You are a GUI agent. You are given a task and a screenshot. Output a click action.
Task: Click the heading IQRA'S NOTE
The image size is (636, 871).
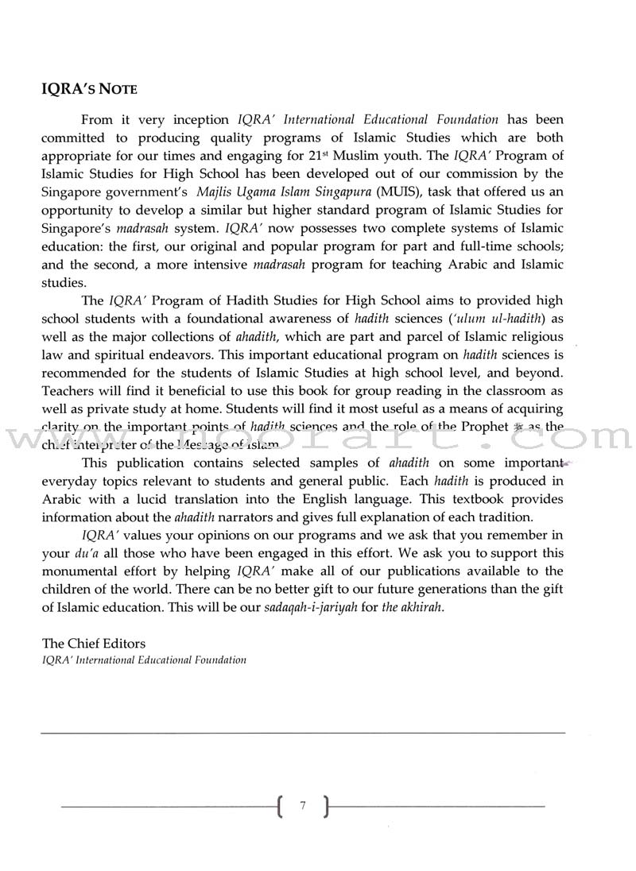89,90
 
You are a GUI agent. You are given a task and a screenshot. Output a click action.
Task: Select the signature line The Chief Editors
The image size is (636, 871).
93,644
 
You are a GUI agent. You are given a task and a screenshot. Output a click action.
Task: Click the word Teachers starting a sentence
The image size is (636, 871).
68,391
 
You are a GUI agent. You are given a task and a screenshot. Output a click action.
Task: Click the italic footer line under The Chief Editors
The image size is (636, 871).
144,660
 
